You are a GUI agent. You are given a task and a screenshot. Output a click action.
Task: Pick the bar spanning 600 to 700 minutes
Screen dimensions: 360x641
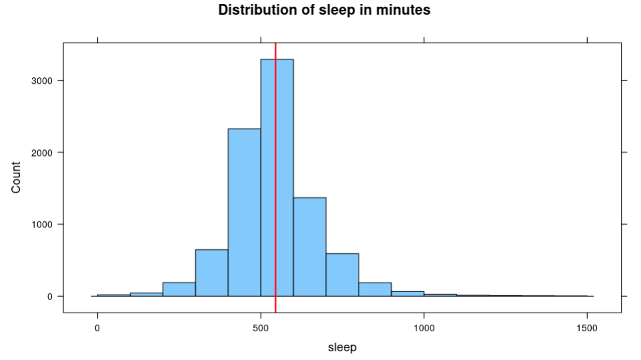tap(309, 247)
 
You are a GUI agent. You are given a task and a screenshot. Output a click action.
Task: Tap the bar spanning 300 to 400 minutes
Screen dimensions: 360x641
tap(211, 273)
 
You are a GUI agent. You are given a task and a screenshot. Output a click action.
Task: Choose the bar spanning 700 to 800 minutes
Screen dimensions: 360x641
tap(342, 275)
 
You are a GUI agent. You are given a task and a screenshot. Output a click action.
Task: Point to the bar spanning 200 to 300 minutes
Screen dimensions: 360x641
tap(179, 289)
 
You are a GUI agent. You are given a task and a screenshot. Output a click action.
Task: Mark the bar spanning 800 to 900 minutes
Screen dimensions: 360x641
tap(374, 289)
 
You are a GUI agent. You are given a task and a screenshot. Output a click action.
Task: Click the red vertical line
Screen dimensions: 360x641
tap(275, 133)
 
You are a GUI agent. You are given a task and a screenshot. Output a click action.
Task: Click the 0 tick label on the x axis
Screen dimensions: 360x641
tap(97, 328)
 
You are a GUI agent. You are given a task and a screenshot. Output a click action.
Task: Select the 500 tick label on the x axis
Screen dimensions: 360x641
tap(261, 328)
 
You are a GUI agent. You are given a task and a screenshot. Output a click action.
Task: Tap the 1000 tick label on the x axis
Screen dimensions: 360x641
tap(424, 328)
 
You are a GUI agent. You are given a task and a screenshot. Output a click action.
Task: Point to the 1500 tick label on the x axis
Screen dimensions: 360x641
tap(587, 328)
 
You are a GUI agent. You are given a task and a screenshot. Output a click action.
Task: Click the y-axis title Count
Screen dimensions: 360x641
tap(17, 177)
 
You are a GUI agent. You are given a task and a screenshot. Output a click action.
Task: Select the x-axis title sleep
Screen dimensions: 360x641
tap(342, 347)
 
